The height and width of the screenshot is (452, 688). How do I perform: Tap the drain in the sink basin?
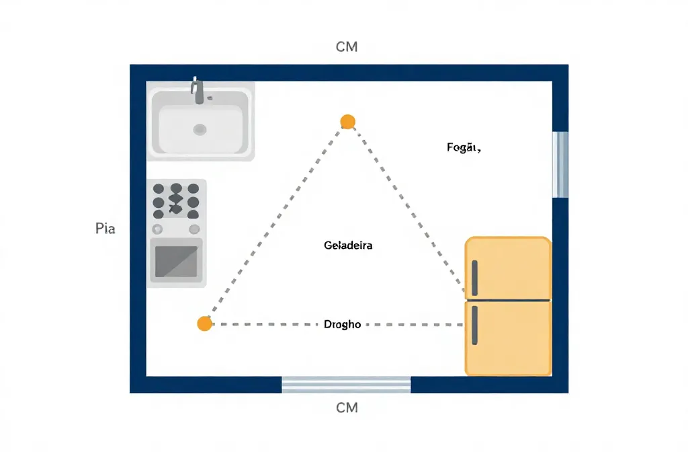(x=200, y=129)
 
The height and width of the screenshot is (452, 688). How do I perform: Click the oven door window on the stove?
(x=176, y=262)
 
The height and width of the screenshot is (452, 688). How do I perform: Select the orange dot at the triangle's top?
(x=347, y=121)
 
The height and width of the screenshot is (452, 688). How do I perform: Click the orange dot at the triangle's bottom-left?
(x=204, y=324)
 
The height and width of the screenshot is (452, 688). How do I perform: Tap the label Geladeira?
(x=348, y=246)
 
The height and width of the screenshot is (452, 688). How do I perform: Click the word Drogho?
(x=342, y=324)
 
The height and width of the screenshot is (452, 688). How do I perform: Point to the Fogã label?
(x=463, y=147)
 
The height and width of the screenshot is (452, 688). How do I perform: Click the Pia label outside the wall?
(x=105, y=229)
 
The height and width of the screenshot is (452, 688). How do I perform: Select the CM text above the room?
(x=346, y=47)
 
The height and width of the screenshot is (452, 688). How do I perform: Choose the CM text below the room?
(x=346, y=408)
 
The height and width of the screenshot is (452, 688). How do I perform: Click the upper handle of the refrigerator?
(x=474, y=278)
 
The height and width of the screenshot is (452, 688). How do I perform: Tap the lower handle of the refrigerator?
(x=474, y=325)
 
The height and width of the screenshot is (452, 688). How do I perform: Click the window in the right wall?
(x=560, y=164)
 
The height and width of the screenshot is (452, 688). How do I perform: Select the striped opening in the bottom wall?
(x=346, y=384)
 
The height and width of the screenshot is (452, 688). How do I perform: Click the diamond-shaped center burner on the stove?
(x=176, y=199)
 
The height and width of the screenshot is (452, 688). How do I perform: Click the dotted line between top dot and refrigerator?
(x=406, y=209)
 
